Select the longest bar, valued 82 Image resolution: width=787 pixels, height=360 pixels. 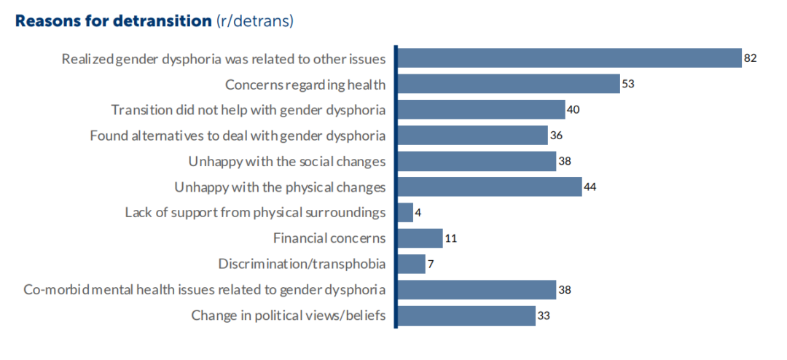tap(569, 58)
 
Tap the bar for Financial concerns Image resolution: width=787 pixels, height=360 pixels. tap(420, 238)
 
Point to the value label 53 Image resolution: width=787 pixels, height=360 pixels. tap(629, 85)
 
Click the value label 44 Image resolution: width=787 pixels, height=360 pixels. tap(591, 187)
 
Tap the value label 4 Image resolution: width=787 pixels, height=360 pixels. tap(418, 213)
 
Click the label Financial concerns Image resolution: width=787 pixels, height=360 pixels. tap(329, 238)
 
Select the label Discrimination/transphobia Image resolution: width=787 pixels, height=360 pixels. tap(302, 264)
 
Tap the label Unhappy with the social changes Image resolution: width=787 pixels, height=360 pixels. tap(286, 161)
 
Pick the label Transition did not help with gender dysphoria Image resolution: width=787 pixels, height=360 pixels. tap(248, 110)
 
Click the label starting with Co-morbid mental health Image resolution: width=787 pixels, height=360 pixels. tap(204, 290)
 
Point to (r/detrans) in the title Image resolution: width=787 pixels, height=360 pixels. tap(254, 20)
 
